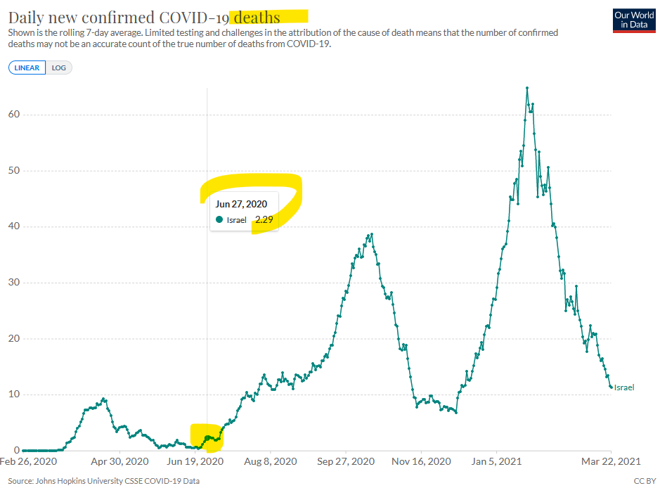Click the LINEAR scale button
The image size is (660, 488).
click(27, 68)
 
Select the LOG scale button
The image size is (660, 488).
click(58, 68)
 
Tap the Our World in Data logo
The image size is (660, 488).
click(634, 20)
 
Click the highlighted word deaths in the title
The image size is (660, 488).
click(257, 18)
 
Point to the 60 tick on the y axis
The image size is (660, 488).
click(14, 114)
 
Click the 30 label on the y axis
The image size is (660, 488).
click(14, 282)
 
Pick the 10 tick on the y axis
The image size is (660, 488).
click(14, 394)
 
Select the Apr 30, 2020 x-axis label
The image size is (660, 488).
click(119, 461)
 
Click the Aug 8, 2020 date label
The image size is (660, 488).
click(270, 461)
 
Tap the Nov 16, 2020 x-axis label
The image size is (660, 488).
click(421, 461)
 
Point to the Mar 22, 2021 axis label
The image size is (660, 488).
click(611, 461)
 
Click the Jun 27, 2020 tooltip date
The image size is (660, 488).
click(241, 204)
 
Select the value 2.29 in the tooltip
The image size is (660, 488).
click(264, 219)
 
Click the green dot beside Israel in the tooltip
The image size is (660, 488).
click(219, 219)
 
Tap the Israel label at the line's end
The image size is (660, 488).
click(623, 387)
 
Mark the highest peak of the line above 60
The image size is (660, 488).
click(527, 88)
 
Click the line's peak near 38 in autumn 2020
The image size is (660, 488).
click(372, 235)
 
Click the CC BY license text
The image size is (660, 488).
click(645, 481)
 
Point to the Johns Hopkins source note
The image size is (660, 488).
click(103, 481)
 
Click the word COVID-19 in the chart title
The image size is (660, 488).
click(193, 18)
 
